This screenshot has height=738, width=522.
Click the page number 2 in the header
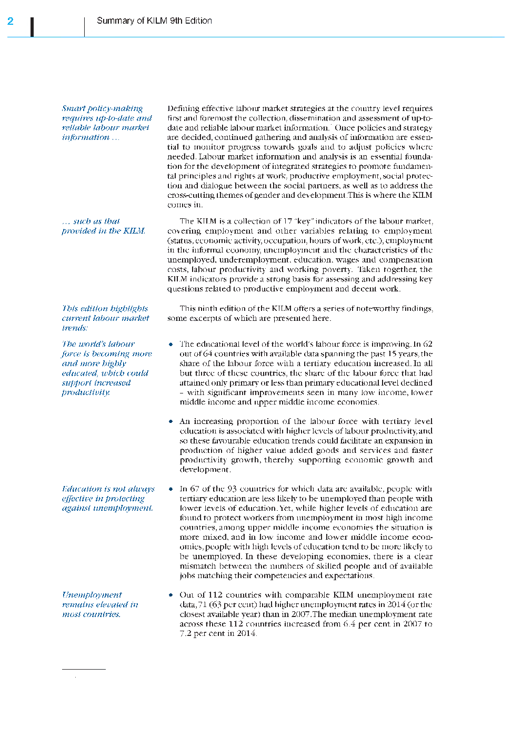click(11, 21)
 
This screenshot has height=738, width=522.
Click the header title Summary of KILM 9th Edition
click(154, 21)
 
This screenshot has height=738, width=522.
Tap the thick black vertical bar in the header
click(32, 27)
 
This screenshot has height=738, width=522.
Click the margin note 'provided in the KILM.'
click(104, 231)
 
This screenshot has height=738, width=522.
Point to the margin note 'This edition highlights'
click(105, 308)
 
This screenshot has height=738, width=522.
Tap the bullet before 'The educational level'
click(171, 345)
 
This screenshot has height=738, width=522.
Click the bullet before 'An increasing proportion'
click(171, 422)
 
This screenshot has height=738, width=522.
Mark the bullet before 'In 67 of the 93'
click(171, 489)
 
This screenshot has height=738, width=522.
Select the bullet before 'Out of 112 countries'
click(171, 595)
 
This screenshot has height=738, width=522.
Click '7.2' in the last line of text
click(186, 633)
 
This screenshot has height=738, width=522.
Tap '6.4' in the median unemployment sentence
click(349, 624)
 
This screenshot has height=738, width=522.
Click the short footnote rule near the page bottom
click(84, 669)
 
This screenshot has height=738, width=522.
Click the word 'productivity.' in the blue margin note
click(86, 392)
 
